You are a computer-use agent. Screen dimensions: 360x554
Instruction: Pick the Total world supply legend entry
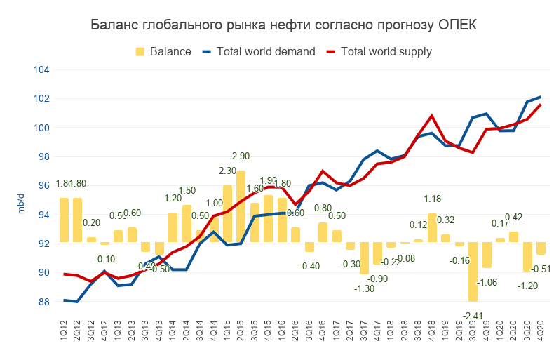click(x=386, y=51)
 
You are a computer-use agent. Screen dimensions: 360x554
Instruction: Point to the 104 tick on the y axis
click(x=41, y=69)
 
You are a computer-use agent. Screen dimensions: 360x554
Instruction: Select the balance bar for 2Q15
click(x=241, y=207)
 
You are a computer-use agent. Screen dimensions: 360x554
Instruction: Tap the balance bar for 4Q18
click(x=432, y=228)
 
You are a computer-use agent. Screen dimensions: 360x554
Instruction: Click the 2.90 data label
click(x=242, y=155)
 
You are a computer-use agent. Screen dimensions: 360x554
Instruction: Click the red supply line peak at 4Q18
click(x=432, y=115)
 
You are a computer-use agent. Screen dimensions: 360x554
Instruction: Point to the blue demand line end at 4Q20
click(x=540, y=97)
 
